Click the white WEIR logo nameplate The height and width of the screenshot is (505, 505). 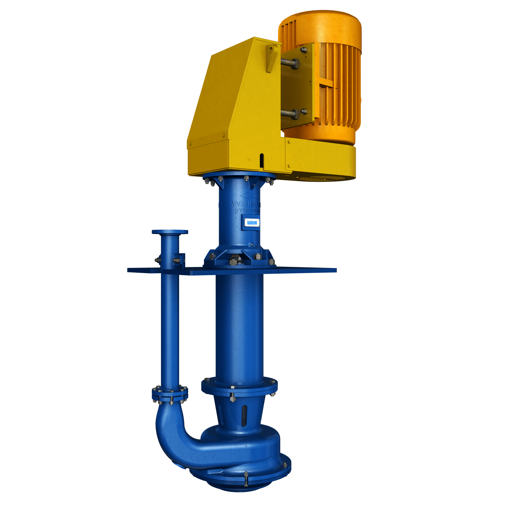(x=252, y=222)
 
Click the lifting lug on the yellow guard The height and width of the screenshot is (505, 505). (x=272, y=57)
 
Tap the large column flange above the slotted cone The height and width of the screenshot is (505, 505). (x=239, y=387)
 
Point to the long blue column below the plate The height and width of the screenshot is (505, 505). (x=239, y=327)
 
